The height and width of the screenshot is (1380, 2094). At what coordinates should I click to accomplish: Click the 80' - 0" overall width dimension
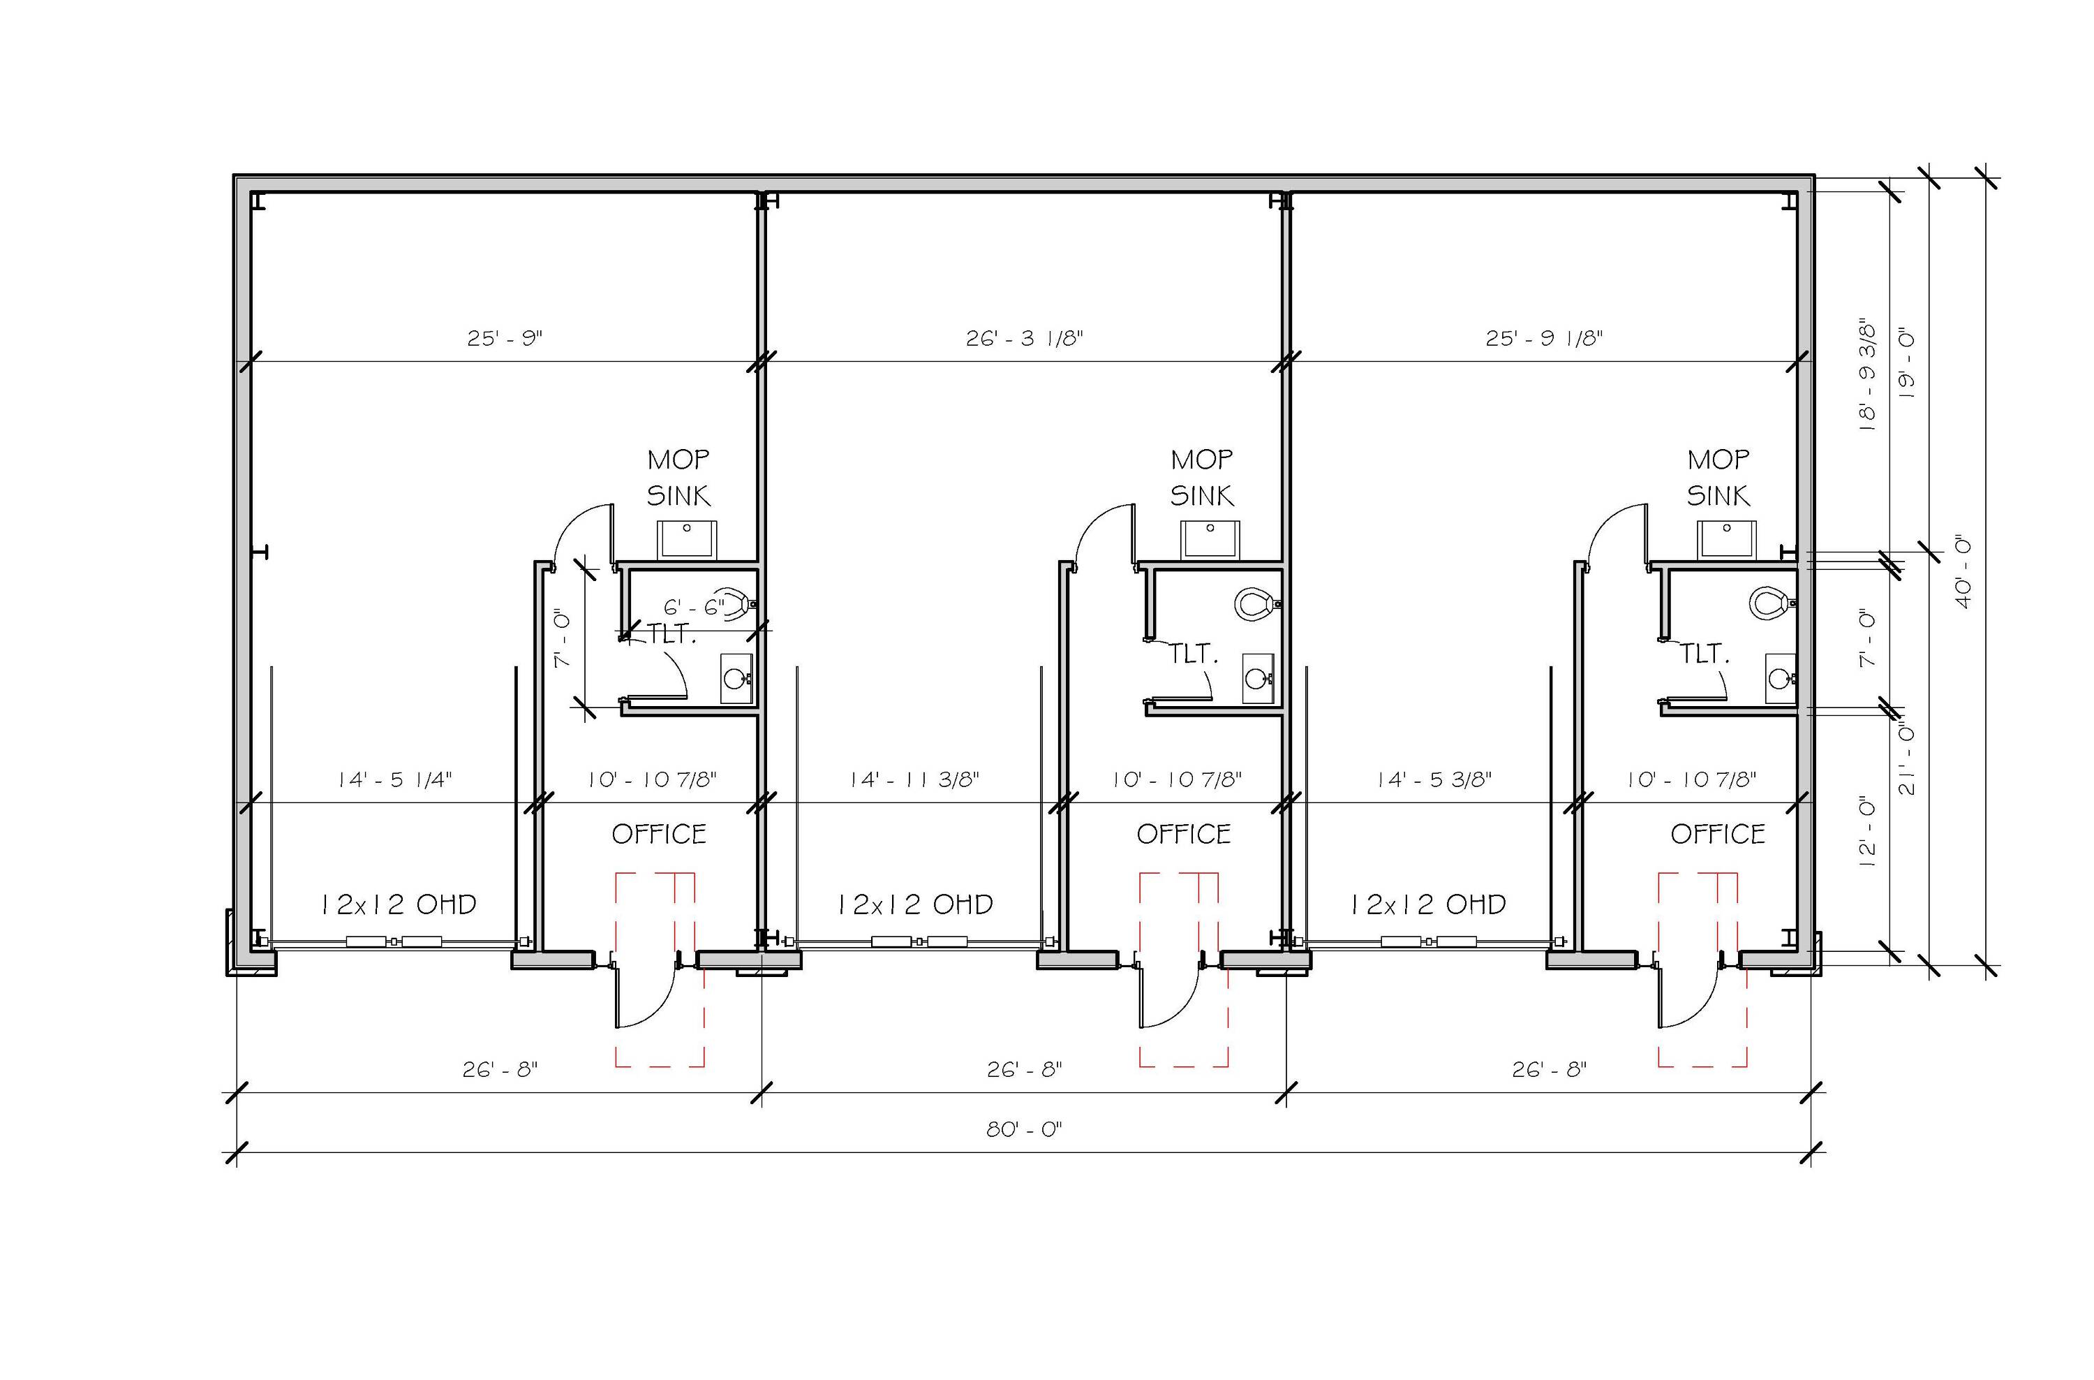(x=1024, y=1129)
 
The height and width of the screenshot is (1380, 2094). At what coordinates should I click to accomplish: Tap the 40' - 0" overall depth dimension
(x=1963, y=571)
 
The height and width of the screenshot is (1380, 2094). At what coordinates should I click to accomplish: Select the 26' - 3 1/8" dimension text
(x=1024, y=338)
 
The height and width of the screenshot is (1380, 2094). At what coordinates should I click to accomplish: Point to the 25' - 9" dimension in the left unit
(x=505, y=338)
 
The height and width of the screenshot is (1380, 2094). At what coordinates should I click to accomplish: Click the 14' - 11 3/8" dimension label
(x=914, y=779)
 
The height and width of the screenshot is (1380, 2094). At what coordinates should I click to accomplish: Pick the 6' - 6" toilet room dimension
(x=695, y=606)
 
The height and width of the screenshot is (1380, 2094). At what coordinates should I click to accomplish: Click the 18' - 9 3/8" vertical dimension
(x=1867, y=374)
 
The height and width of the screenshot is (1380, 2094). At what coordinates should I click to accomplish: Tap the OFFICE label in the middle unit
(x=1183, y=833)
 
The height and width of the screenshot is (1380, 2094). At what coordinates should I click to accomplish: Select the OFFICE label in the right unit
(x=1718, y=833)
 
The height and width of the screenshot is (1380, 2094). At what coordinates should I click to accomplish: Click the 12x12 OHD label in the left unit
(x=398, y=904)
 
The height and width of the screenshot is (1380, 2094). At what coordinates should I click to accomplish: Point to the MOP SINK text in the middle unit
(x=1202, y=478)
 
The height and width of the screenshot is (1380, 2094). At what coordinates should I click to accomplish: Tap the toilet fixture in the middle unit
(x=1257, y=603)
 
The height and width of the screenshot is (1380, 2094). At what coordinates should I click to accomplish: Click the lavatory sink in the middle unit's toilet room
(x=1258, y=677)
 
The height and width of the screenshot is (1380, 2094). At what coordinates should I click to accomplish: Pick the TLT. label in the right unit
(x=1705, y=653)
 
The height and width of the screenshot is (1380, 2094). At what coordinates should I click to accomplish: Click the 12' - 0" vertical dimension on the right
(x=1867, y=832)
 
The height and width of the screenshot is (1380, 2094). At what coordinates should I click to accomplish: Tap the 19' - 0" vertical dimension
(x=1907, y=365)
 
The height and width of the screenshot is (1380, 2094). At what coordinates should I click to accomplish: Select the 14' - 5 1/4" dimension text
(x=395, y=779)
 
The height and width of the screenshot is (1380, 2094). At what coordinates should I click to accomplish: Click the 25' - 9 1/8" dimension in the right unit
(x=1544, y=338)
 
